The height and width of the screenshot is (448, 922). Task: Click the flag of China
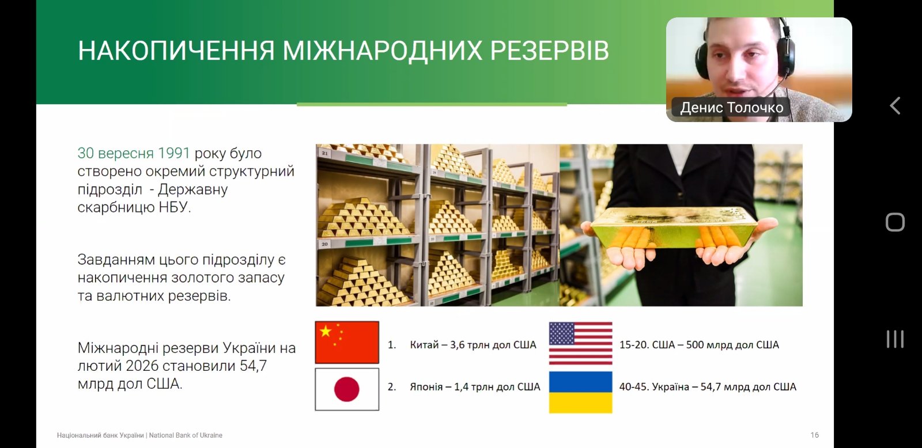click(x=347, y=342)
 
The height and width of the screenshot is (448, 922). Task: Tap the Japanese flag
click(x=347, y=389)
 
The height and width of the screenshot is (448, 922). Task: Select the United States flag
click(x=581, y=344)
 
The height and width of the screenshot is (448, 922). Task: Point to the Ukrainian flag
click(x=581, y=393)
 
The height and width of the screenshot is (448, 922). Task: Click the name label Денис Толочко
click(x=731, y=107)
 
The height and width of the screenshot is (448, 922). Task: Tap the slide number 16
click(x=815, y=435)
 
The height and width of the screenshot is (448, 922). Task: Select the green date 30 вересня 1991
click(x=134, y=153)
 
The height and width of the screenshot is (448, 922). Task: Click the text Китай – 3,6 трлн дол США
click(x=473, y=345)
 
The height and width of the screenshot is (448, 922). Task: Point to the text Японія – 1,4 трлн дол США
click(x=475, y=387)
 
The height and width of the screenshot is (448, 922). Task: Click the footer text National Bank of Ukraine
click(x=186, y=435)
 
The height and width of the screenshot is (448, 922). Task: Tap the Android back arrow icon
click(x=895, y=106)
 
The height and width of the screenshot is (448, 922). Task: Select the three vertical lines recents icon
click(x=895, y=339)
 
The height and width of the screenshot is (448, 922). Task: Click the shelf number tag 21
click(x=325, y=153)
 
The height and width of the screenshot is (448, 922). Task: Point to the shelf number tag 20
click(x=325, y=244)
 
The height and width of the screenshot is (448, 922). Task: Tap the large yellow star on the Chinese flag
click(x=326, y=331)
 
